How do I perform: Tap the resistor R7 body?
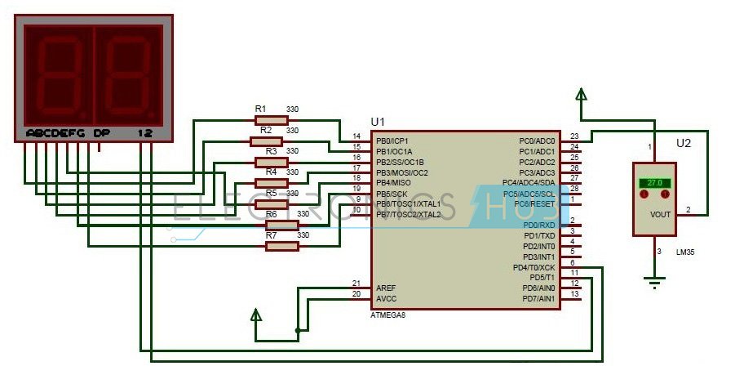[282, 246]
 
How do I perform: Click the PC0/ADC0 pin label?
[537, 141]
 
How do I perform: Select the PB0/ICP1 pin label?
[392, 141]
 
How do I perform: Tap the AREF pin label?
[386, 288]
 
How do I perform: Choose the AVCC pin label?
[386, 299]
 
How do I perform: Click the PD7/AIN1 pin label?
[539, 299]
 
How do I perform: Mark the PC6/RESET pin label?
[536, 203]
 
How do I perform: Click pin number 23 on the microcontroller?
[574, 136]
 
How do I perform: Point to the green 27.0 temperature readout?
[654, 182]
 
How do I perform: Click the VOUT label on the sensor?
[661, 214]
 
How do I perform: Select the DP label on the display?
[101, 132]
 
